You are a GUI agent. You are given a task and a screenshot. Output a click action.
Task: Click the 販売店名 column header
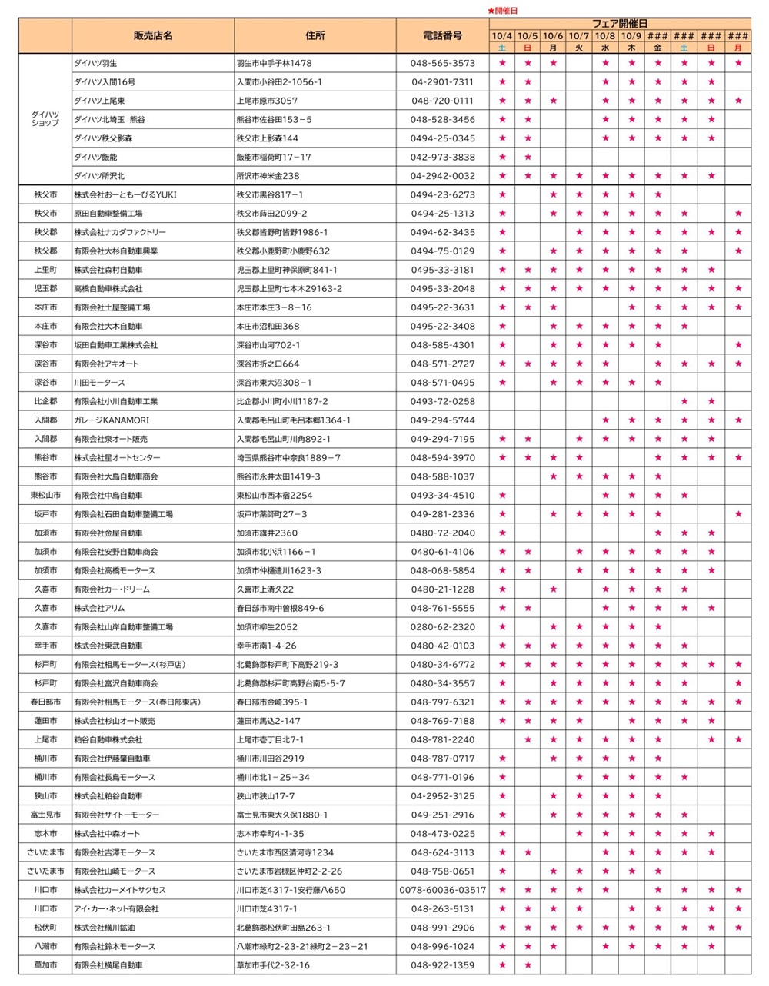153,35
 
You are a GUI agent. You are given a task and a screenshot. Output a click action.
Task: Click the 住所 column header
315,35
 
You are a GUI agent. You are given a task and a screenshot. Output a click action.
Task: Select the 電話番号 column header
443,35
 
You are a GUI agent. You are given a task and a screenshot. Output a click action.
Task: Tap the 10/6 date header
553,36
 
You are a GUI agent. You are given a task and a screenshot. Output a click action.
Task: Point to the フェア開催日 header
620,24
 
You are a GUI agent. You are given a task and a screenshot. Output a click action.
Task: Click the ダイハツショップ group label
45,119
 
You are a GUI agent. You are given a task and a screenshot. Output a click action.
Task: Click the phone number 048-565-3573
443,63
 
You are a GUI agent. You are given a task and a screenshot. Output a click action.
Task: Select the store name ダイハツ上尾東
100,101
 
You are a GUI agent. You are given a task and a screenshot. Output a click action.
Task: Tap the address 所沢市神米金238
268,176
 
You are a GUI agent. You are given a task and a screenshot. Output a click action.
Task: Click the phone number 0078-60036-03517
443,890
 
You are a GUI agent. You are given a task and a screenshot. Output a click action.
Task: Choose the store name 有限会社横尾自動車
108,965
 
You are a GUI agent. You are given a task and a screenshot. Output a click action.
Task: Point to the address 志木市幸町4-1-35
270,834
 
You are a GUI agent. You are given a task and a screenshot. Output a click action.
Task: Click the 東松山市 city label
45,496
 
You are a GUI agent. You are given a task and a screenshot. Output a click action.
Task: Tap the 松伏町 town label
45,928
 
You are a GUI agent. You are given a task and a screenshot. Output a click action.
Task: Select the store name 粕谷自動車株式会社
108,740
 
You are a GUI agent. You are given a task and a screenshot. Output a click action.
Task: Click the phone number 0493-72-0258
443,401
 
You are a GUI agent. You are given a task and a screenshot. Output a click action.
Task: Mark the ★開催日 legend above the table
503,10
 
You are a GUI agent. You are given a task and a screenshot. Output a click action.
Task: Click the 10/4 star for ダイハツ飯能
502,158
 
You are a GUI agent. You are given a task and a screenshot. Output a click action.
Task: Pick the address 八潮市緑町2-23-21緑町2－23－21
302,947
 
